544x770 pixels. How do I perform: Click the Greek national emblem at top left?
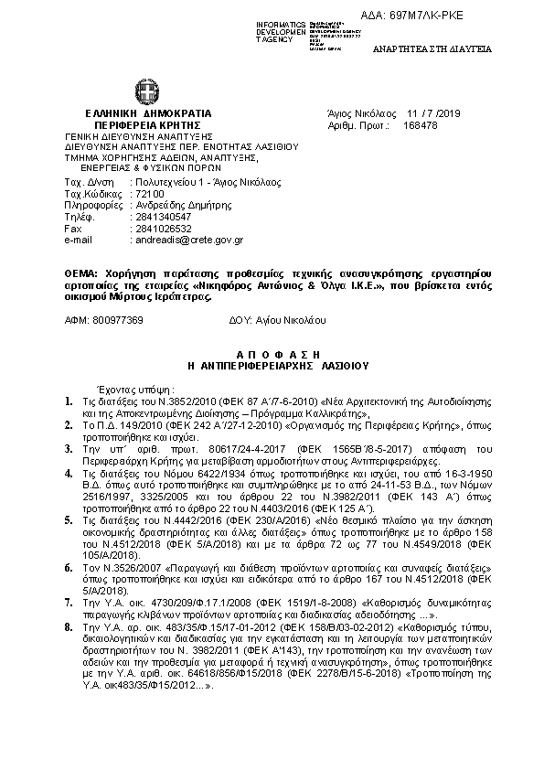[x=145, y=92]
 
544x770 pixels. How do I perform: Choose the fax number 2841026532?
[x=163, y=229]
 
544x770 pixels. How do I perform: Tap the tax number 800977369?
[x=118, y=322]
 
